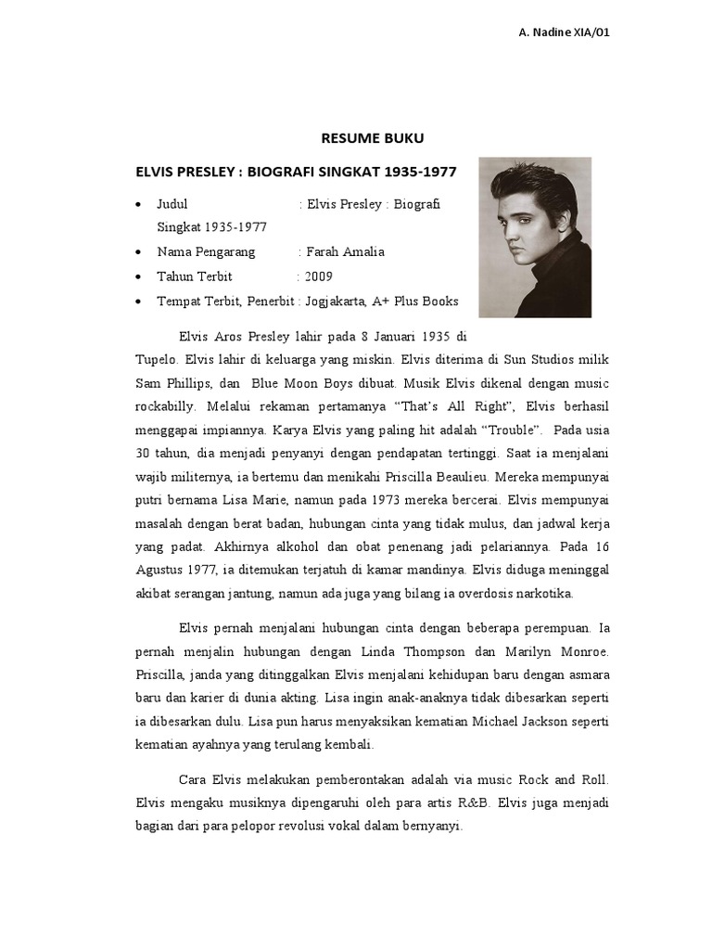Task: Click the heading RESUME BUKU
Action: [372, 138]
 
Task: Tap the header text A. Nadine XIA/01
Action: [564, 32]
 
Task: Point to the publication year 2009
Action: [319, 276]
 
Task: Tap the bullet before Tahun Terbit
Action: [138, 277]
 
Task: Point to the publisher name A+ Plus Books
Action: [415, 302]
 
